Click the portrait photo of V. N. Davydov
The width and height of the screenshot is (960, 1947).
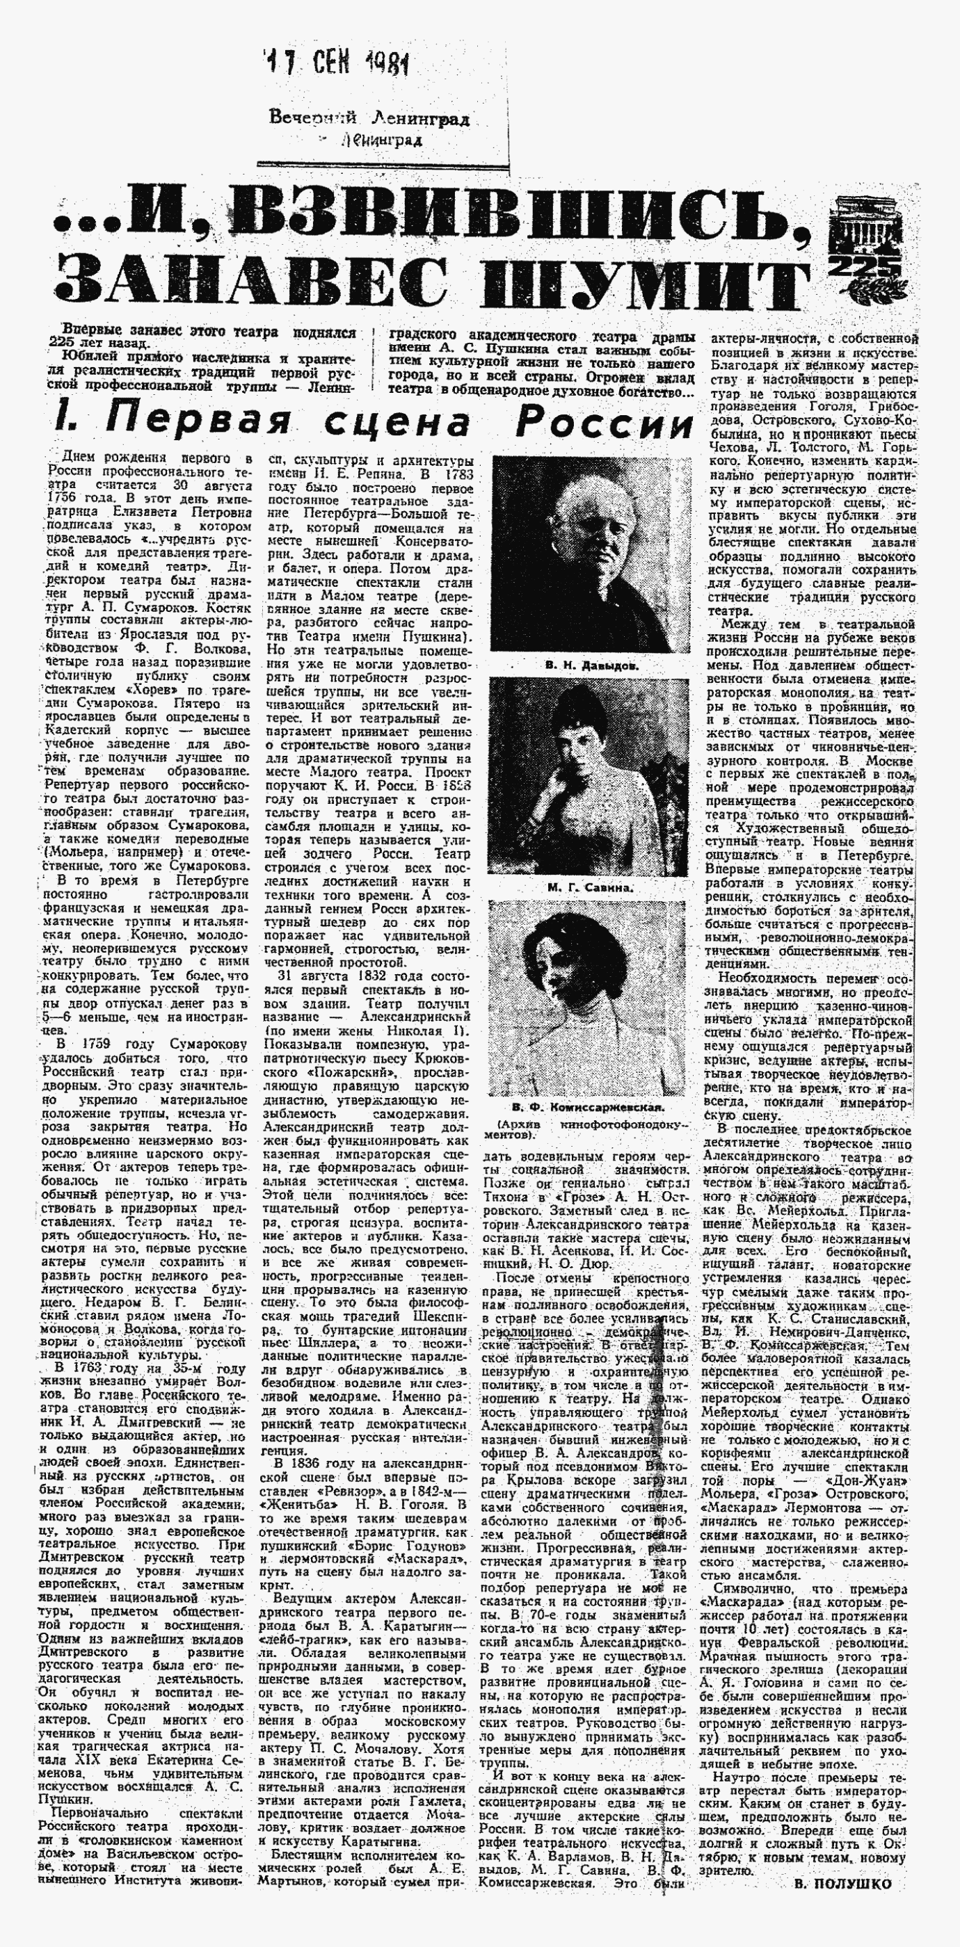(582, 554)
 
